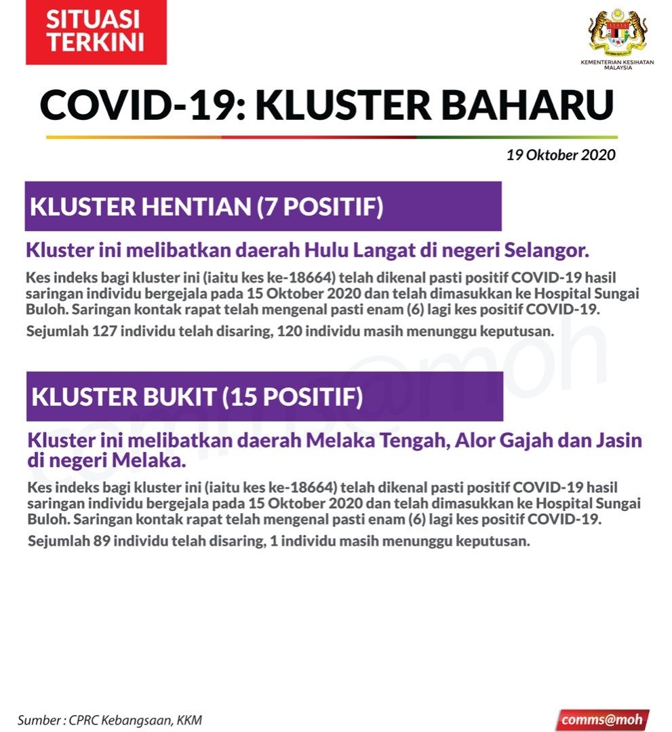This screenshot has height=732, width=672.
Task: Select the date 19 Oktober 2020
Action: tap(561, 155)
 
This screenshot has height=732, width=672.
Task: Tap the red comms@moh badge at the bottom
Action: tap(602, 719)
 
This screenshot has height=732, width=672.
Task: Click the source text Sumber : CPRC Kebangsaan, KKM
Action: tap(110, 720)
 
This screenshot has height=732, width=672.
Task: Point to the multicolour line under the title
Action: tap(332, 137)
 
